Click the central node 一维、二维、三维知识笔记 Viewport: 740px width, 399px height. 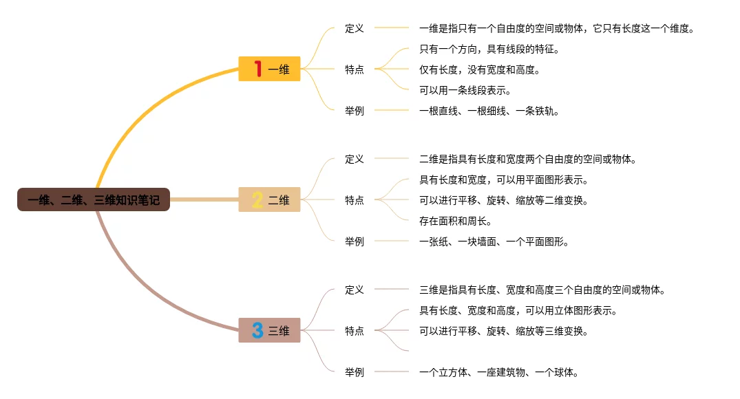(94, 200)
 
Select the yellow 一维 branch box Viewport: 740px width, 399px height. (270, 69)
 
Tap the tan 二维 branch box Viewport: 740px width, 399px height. (270, 199)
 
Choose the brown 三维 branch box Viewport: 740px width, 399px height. (270, 330)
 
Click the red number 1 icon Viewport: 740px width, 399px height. (257, 69)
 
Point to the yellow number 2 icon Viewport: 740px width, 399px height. (257, 199)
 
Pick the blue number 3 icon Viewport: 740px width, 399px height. (257, 330)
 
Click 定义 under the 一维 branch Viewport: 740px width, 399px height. (355, 28)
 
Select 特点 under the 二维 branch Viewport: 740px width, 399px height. (355, 200)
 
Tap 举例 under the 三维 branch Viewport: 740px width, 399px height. (355, 372)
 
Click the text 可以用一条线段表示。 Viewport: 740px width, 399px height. (465, 90)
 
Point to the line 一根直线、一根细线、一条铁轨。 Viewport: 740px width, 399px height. (489, 111)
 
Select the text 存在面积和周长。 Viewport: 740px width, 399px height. (455, 221)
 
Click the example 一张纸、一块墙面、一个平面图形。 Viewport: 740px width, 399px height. (494, 241)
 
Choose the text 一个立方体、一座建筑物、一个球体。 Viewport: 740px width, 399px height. (498, 372)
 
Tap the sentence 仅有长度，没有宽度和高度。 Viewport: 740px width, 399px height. (479, 69)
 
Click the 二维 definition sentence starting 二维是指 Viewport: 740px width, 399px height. (527, 159)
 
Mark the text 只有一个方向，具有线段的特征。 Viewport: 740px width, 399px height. (489, 49)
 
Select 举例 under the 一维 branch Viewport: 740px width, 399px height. (355, 111)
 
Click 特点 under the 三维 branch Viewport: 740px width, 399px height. (355, 331)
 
